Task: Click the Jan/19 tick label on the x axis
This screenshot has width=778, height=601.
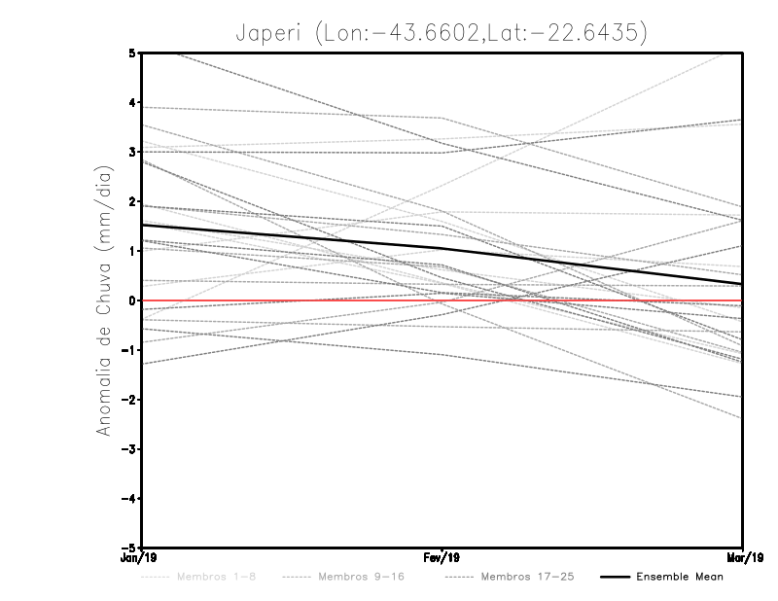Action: (x=141, y=558)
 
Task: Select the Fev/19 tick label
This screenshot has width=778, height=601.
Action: (x=442, y=558)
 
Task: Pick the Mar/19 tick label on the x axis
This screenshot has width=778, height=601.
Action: (x=743, y=558)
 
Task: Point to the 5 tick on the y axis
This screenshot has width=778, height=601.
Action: (x=131, y=53)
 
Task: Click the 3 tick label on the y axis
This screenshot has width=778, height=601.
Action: (x=131, y=153)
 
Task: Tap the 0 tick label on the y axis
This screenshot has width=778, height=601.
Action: (x=131, y=300)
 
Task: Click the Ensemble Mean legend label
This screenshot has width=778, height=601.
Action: (x=680, y=578)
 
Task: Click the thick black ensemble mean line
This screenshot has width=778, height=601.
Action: (x=292, y=236)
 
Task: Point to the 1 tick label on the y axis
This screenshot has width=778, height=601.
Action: (x=131, y=251)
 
